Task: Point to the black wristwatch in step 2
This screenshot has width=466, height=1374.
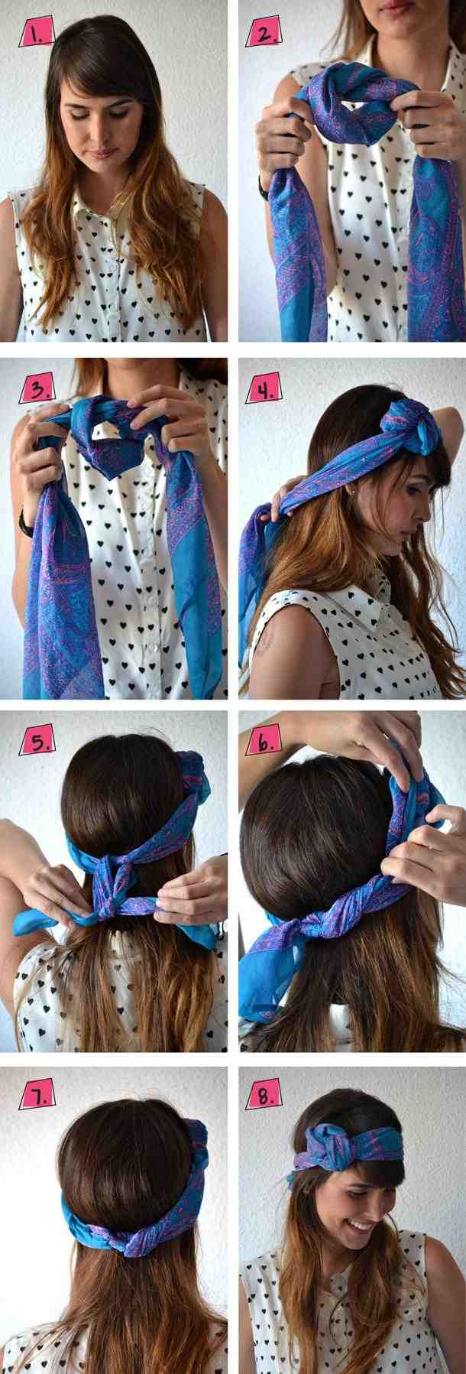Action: point(264,187)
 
